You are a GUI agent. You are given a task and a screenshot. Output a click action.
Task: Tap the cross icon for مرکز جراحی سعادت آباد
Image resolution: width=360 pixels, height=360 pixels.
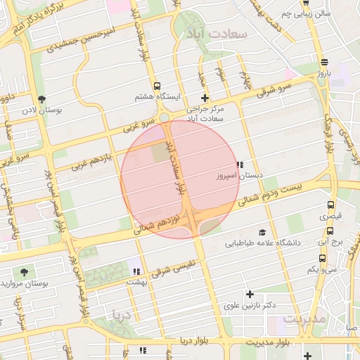(205, 98)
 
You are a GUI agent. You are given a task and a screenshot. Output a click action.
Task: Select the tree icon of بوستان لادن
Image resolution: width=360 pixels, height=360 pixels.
(41, 99)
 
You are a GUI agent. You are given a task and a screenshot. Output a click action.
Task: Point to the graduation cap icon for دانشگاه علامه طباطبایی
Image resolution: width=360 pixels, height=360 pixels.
(262, 232)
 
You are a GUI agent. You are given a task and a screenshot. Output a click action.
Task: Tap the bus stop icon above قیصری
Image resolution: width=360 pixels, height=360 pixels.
(330, 205)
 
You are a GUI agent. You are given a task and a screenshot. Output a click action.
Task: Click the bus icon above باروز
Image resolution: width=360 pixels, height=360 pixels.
(323, 63)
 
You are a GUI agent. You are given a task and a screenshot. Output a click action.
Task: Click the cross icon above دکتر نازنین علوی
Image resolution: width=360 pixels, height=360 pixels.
(249, 294)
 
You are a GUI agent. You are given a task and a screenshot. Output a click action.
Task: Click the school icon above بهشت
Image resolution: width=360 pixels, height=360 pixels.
(136, 270)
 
